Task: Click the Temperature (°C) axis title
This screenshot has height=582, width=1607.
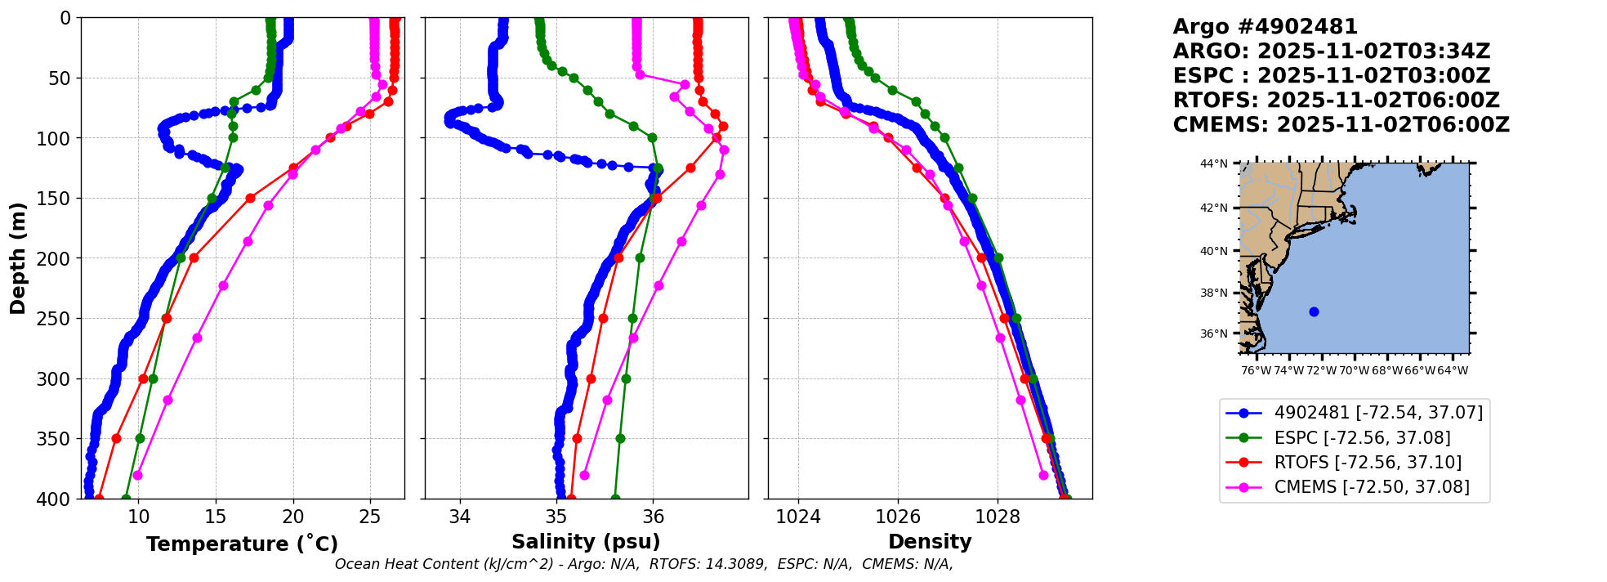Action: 242,544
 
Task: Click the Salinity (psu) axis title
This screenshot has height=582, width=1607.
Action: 586,542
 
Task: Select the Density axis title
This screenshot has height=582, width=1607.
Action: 930,542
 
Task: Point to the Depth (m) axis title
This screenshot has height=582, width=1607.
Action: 18,258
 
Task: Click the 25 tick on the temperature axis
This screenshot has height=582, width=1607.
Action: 370,517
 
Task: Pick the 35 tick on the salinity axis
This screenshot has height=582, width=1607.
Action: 556,517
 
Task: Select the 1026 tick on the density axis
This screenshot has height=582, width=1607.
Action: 898,517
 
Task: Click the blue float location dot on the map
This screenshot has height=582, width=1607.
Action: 1314,311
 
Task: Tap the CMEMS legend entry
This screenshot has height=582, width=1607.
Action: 1372,487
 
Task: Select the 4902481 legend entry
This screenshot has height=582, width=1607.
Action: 1378,414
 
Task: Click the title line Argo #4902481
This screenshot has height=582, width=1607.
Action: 1265,27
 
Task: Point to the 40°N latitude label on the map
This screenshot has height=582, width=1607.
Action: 1214,251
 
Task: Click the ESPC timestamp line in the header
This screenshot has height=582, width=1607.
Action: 1331,76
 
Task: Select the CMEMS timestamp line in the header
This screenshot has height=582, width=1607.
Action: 1341,125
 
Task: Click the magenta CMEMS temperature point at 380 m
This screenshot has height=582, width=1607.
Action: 137,475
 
